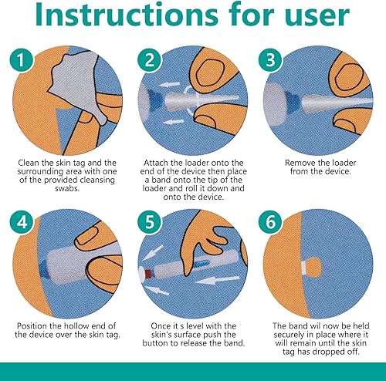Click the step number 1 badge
(22, 59)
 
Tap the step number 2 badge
(150, 59)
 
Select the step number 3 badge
(270, 59)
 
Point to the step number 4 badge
(22, 222)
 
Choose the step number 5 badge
(150, 222)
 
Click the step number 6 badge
(270, 222)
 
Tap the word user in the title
(317, 17)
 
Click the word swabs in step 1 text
(67, 188)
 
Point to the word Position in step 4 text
(32, 326)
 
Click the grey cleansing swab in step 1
(76, 83)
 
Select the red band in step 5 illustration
(147, 274)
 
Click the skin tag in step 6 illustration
(314, 268)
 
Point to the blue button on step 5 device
(201, 264)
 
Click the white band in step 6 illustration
(304, 268)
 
